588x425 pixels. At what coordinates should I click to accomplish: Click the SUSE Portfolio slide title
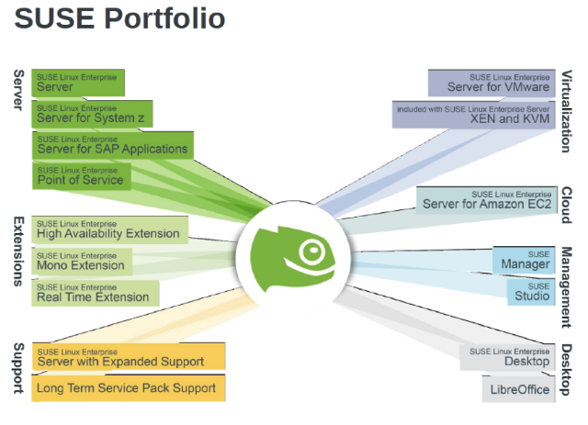[x=119, y=18]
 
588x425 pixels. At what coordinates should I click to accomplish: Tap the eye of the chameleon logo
[x=312, y=250]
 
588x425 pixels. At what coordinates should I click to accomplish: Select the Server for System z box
[x=92, y=114]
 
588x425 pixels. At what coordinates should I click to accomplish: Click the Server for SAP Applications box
[x=113, y=145]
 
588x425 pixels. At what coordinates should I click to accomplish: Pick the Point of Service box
[x=82, y=175]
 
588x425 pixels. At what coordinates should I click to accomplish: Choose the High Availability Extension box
[x=110, y=229]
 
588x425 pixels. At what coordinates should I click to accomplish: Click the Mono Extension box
[x=82, y=262]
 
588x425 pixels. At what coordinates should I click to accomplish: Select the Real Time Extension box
[x=96, y=293]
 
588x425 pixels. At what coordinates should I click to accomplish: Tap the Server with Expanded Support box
[x=129, y=356]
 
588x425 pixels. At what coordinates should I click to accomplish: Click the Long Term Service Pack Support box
[x=129, y=388]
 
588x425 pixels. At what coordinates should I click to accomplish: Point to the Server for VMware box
[x=492, y=83]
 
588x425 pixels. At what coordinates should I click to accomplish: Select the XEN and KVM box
[x=474, y=115]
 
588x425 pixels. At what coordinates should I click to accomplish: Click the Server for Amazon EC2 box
[x=487, y=200]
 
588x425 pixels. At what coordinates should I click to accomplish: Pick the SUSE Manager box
[x=524, y=260]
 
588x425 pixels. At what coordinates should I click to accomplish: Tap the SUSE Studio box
[x=531, y=292]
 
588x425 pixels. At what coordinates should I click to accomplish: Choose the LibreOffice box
[x=518, y=389]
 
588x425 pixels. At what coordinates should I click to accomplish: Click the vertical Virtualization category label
[x=567, y=111]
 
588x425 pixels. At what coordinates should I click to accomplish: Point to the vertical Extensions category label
[x=18, y=252]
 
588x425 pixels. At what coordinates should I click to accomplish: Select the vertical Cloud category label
[x=567, y=205]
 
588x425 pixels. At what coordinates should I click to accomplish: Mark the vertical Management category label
[x=567, y=287]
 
